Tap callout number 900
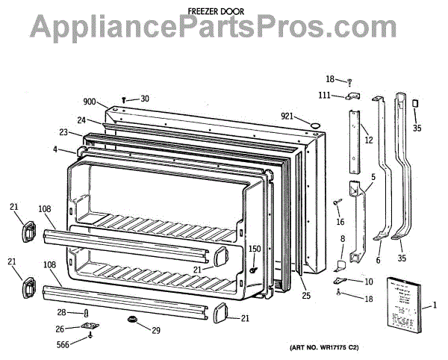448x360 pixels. click(90, 101)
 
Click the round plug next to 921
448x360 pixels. click(315, 120)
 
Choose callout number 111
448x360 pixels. click(326, 95)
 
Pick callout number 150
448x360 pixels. click(255, 249)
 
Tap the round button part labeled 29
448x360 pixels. click(134, 321)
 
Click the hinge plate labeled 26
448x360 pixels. click(90, 327)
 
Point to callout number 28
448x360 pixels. click(63, 312)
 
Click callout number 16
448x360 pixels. click(340, 222)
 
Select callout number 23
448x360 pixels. click(65, 133)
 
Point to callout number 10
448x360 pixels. click(368, 282)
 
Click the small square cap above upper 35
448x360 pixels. click(415, 103)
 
